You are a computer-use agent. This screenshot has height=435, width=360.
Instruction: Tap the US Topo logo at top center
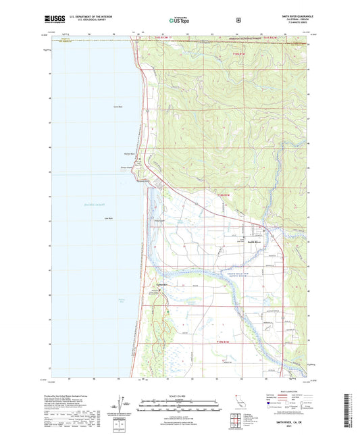(179, 20)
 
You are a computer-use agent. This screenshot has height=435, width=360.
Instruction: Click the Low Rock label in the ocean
(108, 218)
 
